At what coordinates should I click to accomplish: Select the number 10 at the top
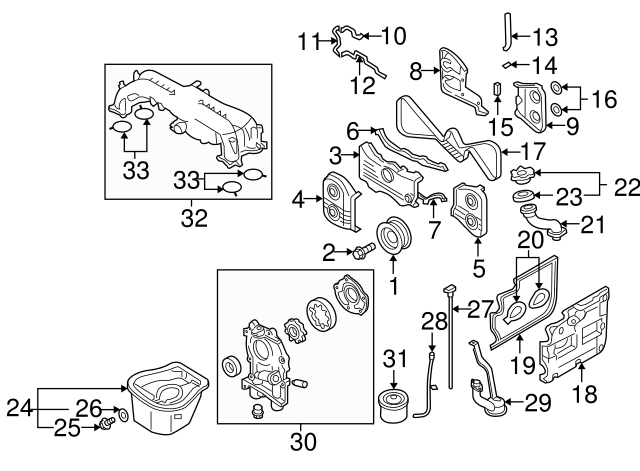click(x=393, y=37)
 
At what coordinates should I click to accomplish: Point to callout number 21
click(x=593, y=225)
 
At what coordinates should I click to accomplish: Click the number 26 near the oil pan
click(x=90, y=410)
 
